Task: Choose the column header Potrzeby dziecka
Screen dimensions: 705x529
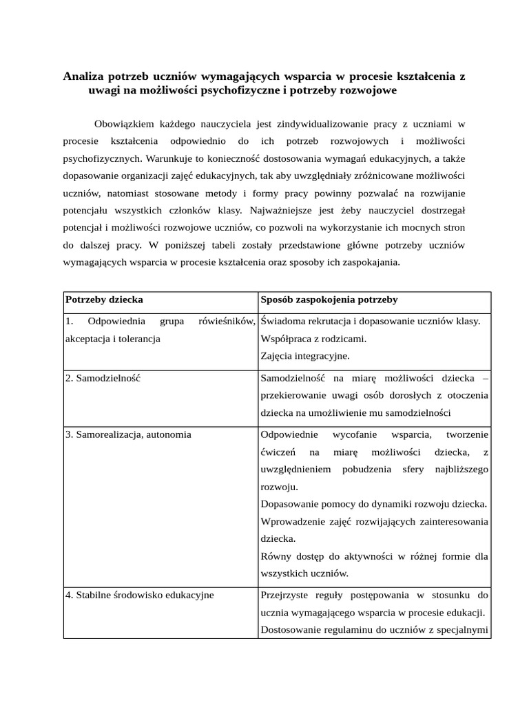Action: (105, 300)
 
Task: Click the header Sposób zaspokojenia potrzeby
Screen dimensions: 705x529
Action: (329, 300)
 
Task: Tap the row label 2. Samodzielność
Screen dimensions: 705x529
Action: (103, 378)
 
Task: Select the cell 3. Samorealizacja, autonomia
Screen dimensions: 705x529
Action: (128, 434)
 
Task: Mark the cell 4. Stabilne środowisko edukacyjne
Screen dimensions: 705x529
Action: (139, 595)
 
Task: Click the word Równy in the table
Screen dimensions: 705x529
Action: (276, 556)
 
